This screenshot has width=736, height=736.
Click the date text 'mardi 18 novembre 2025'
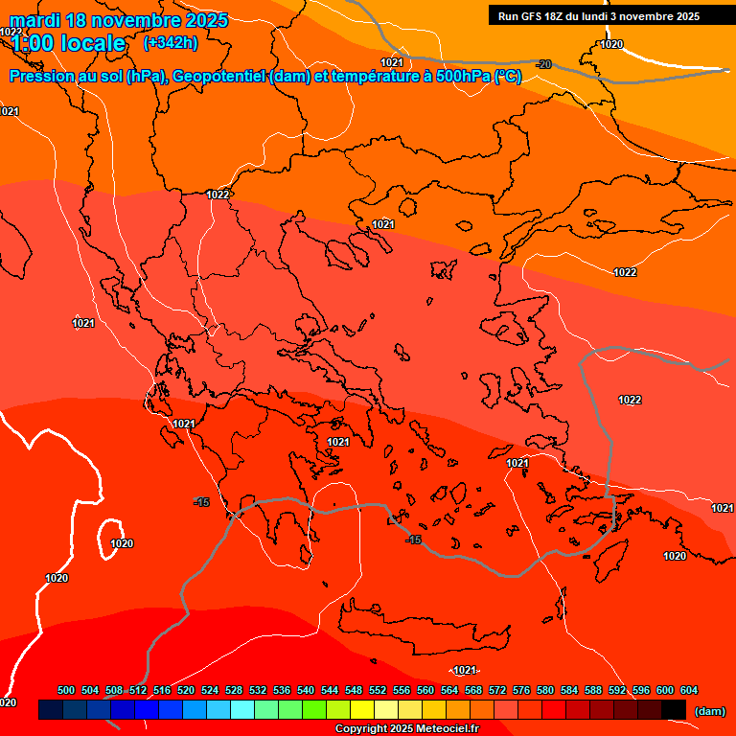point(119,20)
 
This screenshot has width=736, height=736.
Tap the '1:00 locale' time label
point(68,43)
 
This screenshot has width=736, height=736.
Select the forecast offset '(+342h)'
point(171,43)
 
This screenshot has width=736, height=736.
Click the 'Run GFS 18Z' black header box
point(599,15)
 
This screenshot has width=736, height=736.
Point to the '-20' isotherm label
point(543,64)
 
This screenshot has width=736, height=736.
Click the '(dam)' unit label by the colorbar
point(709,711)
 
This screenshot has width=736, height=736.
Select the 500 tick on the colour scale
point(66,690)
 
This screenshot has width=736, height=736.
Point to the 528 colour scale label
point(234,690)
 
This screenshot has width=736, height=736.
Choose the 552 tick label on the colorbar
point(378,690)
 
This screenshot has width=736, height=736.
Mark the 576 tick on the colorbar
point(521,690)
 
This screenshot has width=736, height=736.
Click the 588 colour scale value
point(593,690)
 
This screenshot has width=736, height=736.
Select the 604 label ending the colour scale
point(688,690)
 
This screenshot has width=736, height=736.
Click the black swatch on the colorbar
point(674,709)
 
